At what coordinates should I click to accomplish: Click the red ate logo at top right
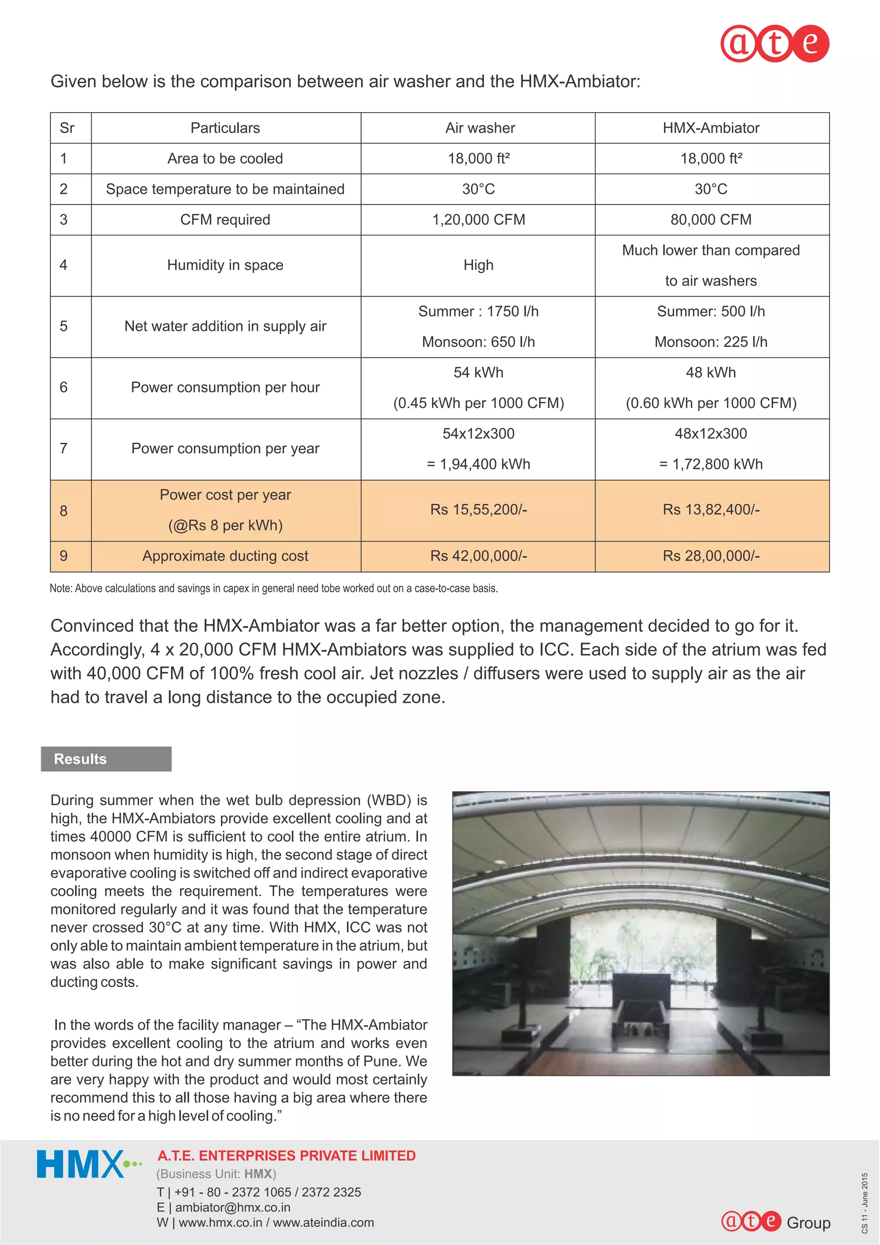click(x=774, y=43)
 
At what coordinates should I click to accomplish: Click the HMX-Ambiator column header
click(x=711, y=128)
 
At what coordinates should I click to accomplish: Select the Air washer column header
click(x=480, y=128)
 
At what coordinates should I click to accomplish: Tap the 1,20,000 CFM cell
click(x=479, y=220)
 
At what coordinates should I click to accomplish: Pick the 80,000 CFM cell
click(x=711, y=220)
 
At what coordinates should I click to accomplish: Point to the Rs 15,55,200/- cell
click(x=479, y=510)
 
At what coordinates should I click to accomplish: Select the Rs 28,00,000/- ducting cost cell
click(x=711, y=556)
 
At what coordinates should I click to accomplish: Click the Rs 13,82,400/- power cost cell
click(x=711, y=510)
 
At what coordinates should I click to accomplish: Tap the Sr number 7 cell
click(x=64, y=448)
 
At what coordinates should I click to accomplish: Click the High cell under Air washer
click(x=479, y=265)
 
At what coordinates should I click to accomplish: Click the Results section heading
click(x=81, y=759)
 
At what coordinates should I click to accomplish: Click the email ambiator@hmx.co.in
click(x=232, y=1208)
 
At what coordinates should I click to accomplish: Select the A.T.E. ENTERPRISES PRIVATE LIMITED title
click(x=286, y=1156)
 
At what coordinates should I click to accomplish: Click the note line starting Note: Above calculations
click(x=274, y=589)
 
